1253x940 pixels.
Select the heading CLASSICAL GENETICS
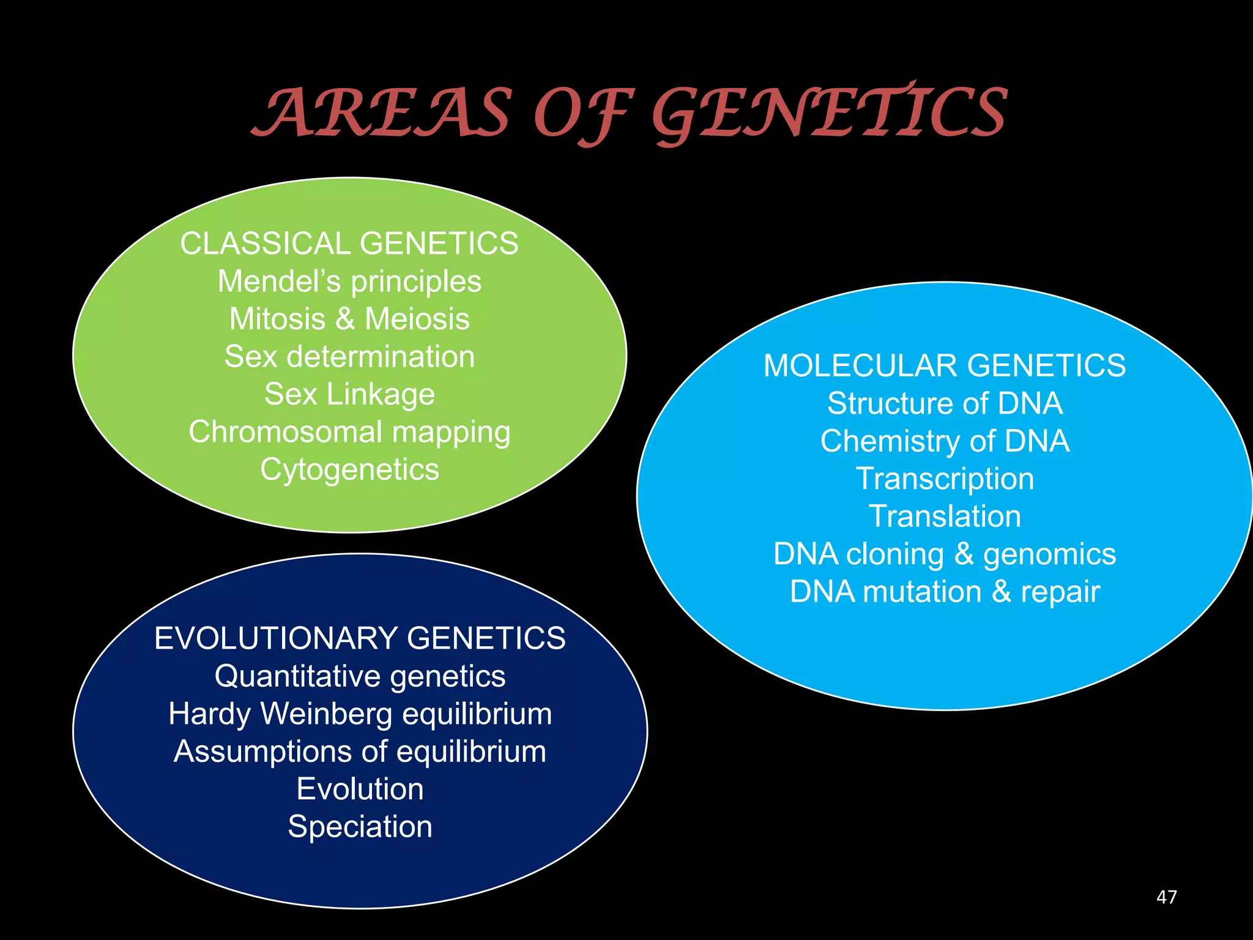(349, 244)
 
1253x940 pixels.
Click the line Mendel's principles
(349, 282)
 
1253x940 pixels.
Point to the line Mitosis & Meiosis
(349, 319)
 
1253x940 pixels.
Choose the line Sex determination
(349, 357)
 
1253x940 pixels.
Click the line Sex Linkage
(349, 394)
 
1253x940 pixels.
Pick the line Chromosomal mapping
(349, 432)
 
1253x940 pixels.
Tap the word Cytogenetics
(349, 469)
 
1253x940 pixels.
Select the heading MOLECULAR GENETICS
(945, 366)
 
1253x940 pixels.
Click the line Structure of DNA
(945, 403)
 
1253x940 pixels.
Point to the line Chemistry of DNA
(945, 441)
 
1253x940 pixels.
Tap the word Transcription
(945, 479)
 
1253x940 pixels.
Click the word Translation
(945, 517)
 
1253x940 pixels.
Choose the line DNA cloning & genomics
(945, 554)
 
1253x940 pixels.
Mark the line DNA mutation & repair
(945, 592)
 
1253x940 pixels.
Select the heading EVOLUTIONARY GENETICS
(360, 638)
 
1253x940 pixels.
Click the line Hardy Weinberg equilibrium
(360, 714)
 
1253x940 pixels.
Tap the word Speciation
(360, 827)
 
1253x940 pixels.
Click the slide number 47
(1166, 897)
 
